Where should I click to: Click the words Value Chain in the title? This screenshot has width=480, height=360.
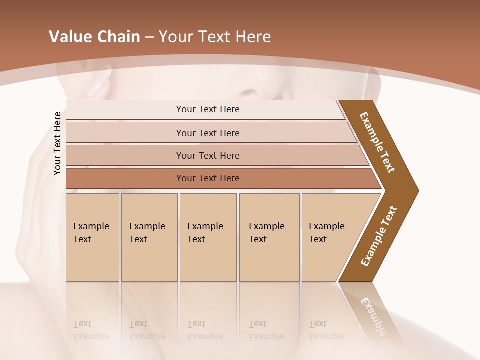coord(94,37)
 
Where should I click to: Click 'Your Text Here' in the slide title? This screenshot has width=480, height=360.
coord(215,37)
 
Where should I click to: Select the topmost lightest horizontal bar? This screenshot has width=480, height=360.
coord(207,109)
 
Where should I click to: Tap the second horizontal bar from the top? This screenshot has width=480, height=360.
coord(207,133)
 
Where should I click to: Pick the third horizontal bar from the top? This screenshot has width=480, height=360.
coord(207,155)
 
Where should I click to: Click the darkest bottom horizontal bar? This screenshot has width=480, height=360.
coord(207,178)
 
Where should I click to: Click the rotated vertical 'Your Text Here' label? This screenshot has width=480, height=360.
coord(57,143)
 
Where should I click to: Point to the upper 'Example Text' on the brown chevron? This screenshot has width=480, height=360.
coord(377,142)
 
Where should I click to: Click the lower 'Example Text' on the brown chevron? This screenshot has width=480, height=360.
coord(378,236)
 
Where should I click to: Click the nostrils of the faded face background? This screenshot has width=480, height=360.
coord(250,93)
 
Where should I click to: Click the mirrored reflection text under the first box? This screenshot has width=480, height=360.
coord(91,330)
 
